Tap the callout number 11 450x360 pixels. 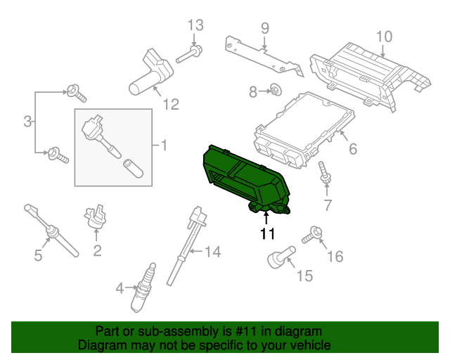coord(266,233)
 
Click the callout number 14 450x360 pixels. coord(212,251)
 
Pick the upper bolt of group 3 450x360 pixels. coord(74,91)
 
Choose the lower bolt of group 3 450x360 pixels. coord(56,153)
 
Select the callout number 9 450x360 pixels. coord(265,28)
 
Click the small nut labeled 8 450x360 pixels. coord(276,90)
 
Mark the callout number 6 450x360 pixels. coord(353,149)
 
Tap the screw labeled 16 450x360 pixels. coord(312,236)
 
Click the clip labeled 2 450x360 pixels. coord(96,217)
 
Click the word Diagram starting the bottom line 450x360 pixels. coord(100,346)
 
